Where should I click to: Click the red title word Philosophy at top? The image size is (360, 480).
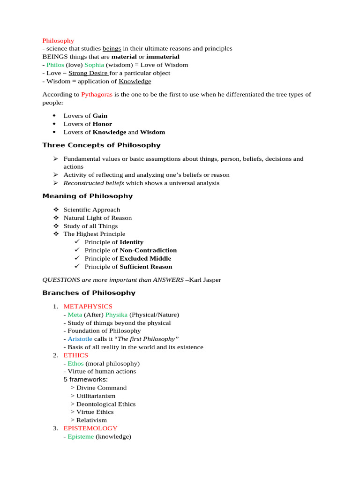click(x=58, y=41)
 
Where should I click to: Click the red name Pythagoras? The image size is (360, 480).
click(x=97, y=94)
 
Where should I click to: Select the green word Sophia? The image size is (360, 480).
click(x=94, y=65)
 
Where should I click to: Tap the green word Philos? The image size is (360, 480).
click(x=55, y=65)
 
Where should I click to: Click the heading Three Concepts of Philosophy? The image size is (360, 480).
click(x=101, y=145)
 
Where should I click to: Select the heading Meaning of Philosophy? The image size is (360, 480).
click(x=87, y=196)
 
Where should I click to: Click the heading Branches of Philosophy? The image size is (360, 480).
click(x=89, y=293)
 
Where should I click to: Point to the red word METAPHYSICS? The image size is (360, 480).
click(x=88, y=306)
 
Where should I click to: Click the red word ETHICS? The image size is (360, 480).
click(x=75, y=355)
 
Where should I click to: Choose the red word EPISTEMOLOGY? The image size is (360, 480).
click(x=90, y=428)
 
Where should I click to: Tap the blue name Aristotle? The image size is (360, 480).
click(x=80, y=339)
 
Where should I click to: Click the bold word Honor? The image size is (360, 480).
click(x=102, y=124)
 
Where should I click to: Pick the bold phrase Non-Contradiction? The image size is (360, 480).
click(x=148, y=250)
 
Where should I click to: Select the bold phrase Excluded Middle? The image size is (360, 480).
click(x=145, y=258)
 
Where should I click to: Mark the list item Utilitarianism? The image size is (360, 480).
click(x=96, y=396)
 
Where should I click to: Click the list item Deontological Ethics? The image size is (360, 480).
click(x=106, y=404)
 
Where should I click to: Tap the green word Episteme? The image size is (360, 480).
click(x=81, y=436)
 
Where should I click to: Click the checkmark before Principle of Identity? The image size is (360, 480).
click(x=77, y=242)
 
